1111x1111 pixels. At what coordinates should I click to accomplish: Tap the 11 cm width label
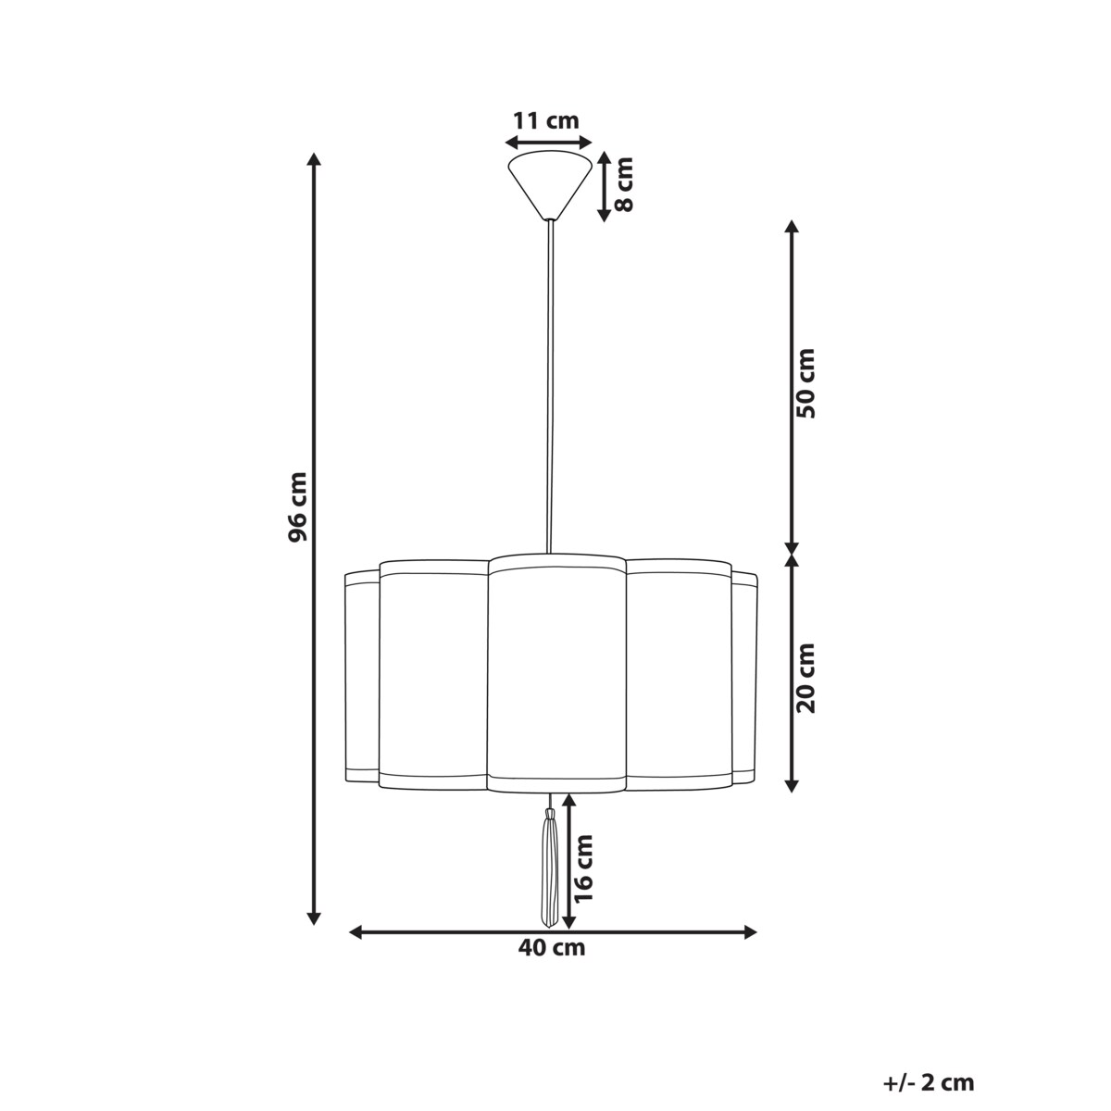(x=546, y=120)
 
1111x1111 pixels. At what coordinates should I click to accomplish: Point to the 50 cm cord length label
(x=807, y=383)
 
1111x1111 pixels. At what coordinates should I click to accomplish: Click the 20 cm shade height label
(x=807, y=678)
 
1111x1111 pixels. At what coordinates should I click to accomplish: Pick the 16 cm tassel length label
(x=584, y=868)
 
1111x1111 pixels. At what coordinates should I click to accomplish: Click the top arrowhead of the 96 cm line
(x=314, y=159)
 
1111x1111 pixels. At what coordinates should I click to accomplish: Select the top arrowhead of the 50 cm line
(x=792, y=228)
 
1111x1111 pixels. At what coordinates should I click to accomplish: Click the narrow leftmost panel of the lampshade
(x=361, y=676)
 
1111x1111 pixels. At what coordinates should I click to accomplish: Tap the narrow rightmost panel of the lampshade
(x=744, y=676)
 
